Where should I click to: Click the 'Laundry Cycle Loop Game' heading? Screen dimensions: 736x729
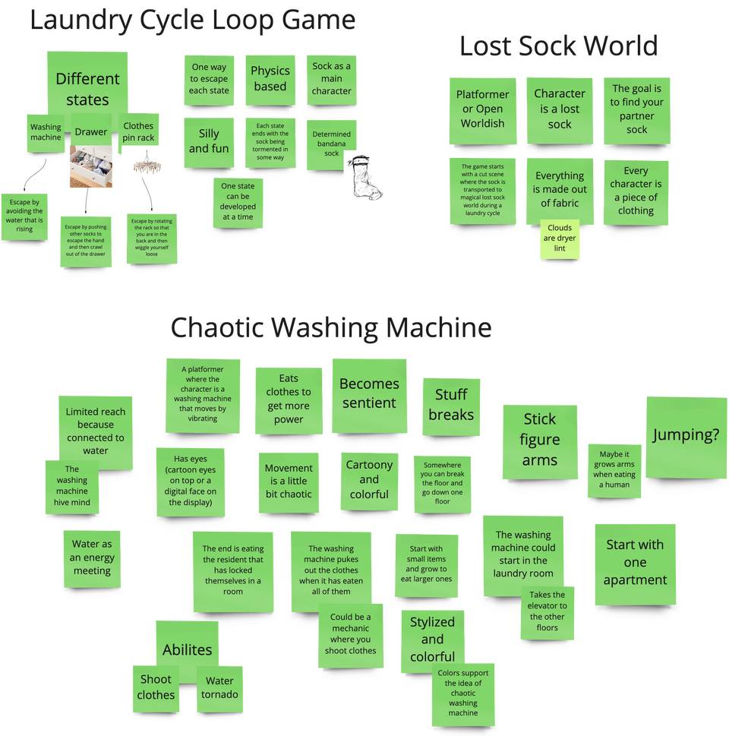pyautogui.click(x=192, y=21)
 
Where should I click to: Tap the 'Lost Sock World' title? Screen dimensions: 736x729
pyautogui.click(x=558, y=47)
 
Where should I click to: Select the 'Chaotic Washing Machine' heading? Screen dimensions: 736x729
pyautogui.click(x=330, y=328)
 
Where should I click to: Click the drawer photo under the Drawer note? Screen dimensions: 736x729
pyautogui.click(x=91, y=166)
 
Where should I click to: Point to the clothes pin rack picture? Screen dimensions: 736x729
pyautogui.click(x=145, y=163)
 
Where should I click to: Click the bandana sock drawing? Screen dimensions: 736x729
pyautogui.click(x=363, y=178)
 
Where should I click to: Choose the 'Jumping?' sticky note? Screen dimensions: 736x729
pyautogui.click(x=686, y=435)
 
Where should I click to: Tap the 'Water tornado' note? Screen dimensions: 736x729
pyautogui.click(x=219, y=687)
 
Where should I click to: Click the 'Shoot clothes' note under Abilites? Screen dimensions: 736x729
pyautogui.click(x=156, y=687)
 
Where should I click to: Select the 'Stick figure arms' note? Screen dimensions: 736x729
pyautogui.click(x=540, y=440)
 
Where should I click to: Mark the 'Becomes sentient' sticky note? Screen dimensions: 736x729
pyautogui.click(x=369, y=393)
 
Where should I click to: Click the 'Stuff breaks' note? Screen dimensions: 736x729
pyautogui.click(x=451, y=405)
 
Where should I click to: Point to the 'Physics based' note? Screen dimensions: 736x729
pyautogui.click(x=270, y=79)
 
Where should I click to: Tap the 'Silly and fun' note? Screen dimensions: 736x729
pyautogui.click(x=209, y=141)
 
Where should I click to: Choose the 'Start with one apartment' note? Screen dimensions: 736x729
pyautogui.click(x=635, y=562)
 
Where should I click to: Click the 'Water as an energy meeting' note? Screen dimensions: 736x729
pyautogui.click(x=92, y=558)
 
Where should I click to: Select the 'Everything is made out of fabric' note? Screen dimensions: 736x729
pyautogui.click(x=560, y=190)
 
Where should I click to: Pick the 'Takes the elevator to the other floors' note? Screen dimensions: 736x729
pyautogui.click(x=548, y=611)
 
